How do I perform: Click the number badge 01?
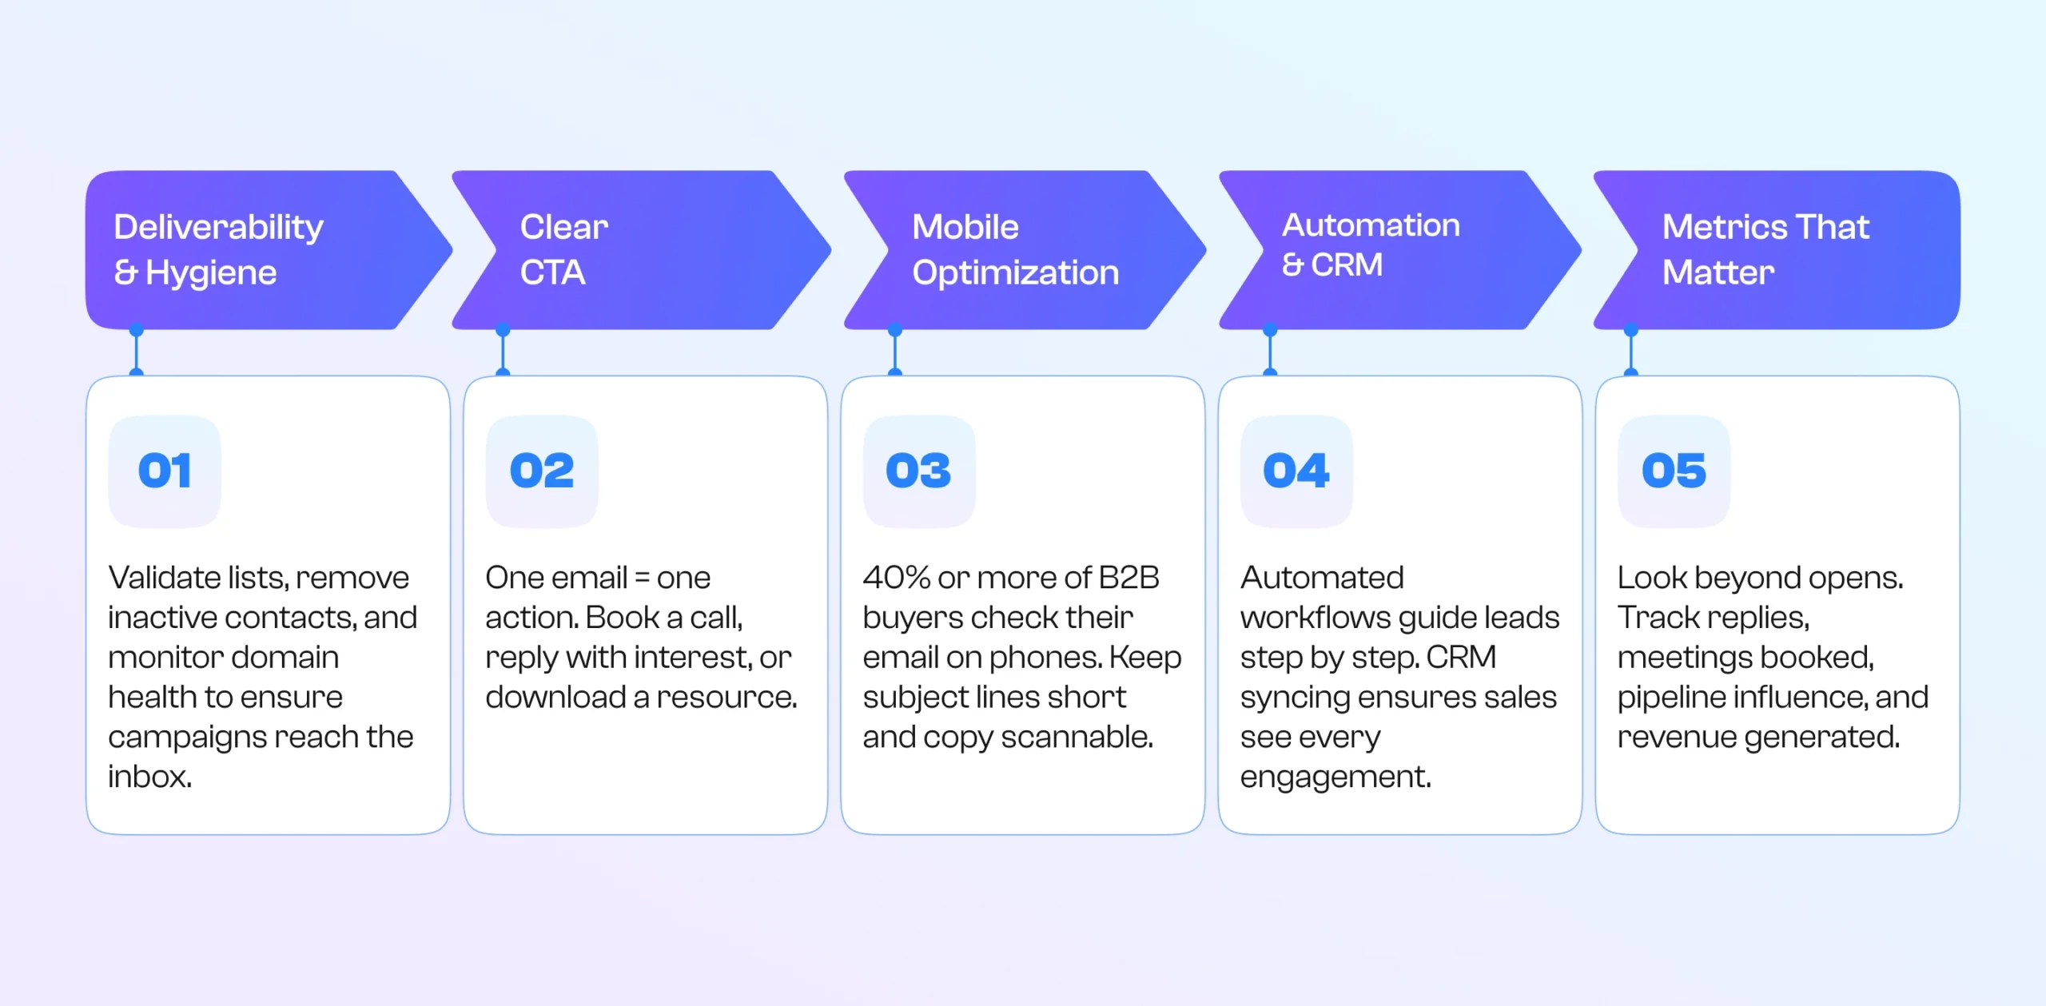click(x=165, y=471)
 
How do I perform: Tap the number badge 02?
click(x=542, y=471)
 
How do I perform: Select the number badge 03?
click(x=919, y=471)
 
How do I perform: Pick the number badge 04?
click(x=1296, y=471)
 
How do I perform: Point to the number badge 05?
click(x=1674, y=471)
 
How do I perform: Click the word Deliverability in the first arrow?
click(x=218, y=228)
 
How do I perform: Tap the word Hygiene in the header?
click(x=211, y=274)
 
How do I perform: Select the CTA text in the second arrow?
click(x=553, y=273)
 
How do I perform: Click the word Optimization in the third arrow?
click(x=1015, y=273)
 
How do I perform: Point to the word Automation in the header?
click(x=1371, y=225)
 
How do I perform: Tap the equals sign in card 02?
click(x=642, y=578)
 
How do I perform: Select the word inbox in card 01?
click(x=149, y=777)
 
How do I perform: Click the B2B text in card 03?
click(x=1128, y=578)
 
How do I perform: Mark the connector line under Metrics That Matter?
click(x=1631, y=352)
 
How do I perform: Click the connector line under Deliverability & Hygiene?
click(x=137, y=352)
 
